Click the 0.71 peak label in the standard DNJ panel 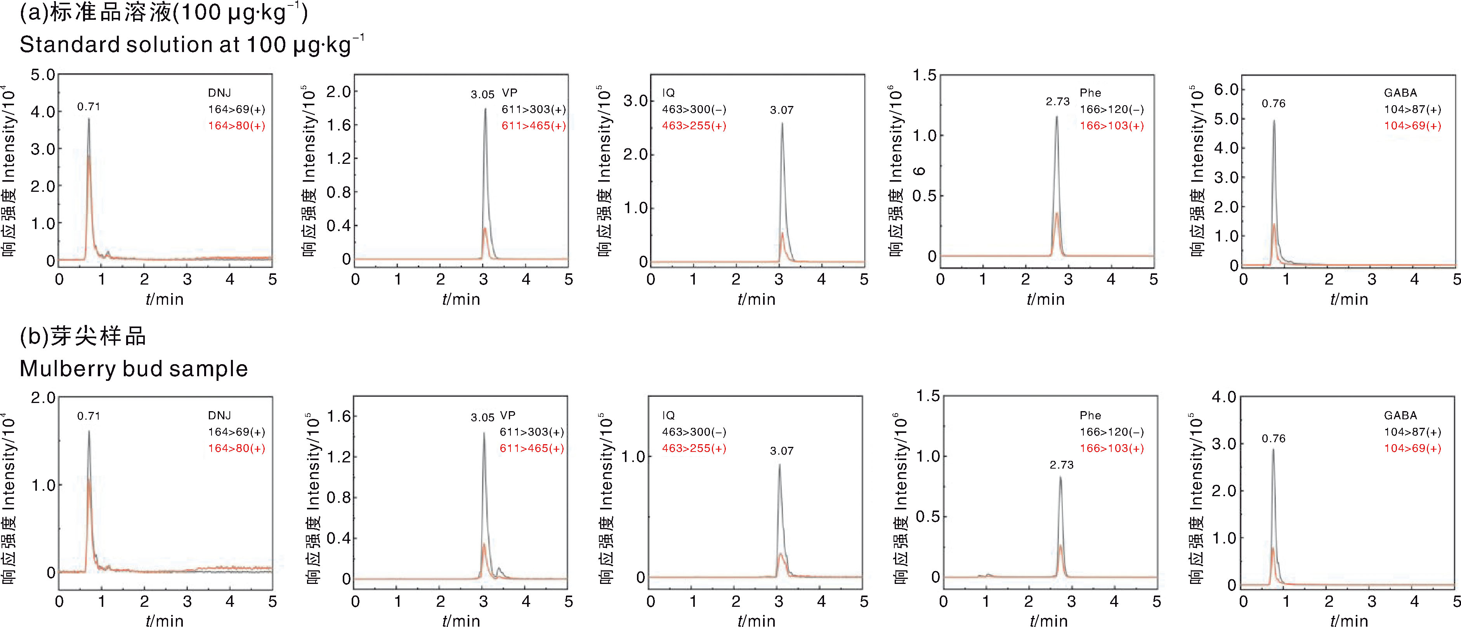click(x=88, y=107)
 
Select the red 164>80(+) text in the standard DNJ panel click(x=236, y=126)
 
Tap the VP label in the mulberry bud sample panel click(x=508, y=415)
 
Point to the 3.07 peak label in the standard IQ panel click(x=782, y=110)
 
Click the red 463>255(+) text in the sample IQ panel click(x=694, y=448)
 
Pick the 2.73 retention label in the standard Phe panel click(x=1058, y=102)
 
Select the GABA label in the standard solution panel click(x=1400, y=92)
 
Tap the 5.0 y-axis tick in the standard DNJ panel click(x=43, y=75)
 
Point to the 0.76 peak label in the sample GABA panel click(x=1273, y=439)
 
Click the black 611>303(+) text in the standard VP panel click(x=534, y=109)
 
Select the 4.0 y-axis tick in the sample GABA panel click(x=1224, y=397)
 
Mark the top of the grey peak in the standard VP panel click(x=485, y=109)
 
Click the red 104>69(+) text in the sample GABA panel click(x=1412, y=448)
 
